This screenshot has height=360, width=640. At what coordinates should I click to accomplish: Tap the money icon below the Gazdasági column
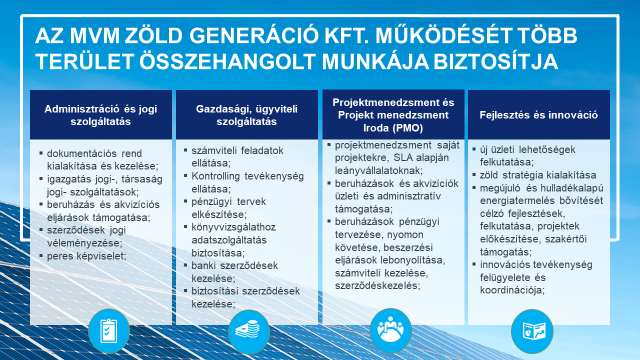[x=244, y=328]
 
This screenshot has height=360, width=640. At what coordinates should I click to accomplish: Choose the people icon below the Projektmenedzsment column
[x=391, y=328]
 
